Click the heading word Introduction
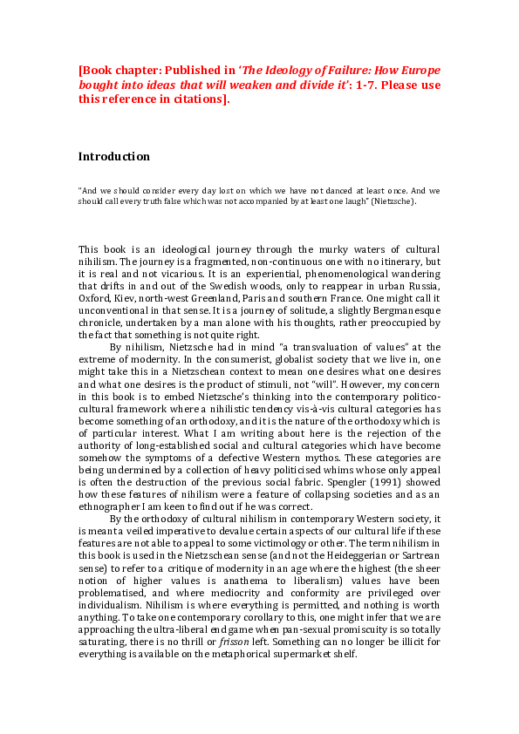113,157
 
